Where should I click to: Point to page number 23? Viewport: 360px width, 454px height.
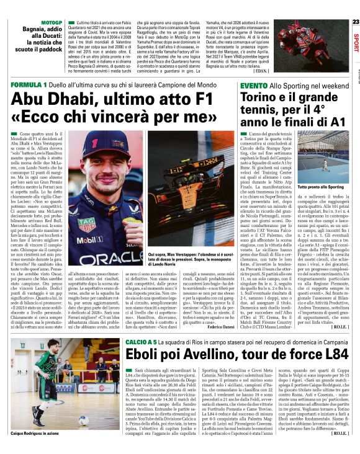[355, 21]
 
